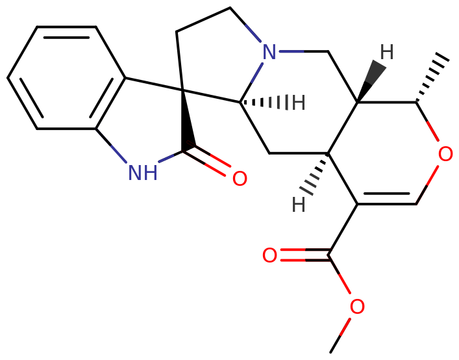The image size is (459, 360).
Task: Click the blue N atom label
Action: point(269,52)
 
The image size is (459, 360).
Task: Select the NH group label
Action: point(143,173)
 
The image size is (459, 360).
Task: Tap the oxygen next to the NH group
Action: point(240,179)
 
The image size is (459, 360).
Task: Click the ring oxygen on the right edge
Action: point(445,155)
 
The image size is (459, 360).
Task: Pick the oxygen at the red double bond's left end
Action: point(269,255)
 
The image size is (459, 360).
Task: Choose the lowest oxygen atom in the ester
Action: point(357,307)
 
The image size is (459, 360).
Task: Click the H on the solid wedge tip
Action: point(386,51)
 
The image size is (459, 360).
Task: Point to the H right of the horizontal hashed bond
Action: point(298,103)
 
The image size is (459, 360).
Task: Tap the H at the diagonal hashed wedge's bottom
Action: point(298,205)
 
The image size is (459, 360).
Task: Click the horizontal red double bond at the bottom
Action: point(305,255)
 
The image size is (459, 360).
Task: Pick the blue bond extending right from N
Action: point(290,51)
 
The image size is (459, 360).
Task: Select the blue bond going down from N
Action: point(258,71)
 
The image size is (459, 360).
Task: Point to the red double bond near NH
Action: point(209,161)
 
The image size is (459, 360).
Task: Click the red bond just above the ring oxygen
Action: point(433,132)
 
